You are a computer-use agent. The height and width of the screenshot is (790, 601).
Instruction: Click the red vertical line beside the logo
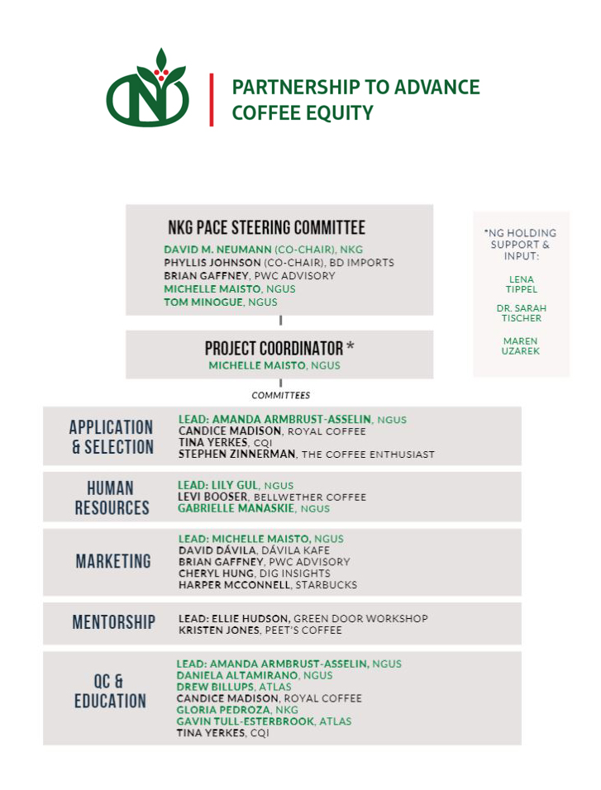212,100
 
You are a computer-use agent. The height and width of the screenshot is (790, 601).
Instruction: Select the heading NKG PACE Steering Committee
266,228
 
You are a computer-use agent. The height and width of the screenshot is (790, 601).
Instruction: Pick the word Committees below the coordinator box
281,395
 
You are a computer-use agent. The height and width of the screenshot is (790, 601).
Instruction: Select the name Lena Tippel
521,284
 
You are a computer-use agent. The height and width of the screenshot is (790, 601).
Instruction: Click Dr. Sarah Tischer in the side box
521,313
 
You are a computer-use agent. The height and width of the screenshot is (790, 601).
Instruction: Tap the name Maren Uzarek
521,346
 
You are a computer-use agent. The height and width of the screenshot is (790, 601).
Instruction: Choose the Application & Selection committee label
112,437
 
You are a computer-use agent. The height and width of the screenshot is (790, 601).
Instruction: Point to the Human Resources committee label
112,497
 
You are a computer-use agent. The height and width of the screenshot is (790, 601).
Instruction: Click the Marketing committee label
113,562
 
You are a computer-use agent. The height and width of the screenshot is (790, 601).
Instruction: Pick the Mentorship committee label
113,622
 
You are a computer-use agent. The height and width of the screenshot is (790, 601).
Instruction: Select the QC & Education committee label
110,692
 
